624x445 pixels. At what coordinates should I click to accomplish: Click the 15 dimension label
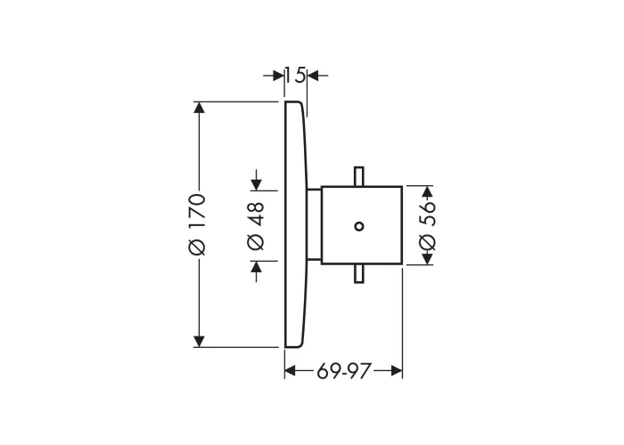(296, 75)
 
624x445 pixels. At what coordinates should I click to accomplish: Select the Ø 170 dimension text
(197, 224)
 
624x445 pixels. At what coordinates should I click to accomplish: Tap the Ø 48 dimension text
(256, 226)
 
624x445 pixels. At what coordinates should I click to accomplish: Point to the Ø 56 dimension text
(427, 226)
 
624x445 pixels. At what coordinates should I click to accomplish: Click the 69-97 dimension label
(344, 371)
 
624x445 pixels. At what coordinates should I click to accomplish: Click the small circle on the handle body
(359, 226)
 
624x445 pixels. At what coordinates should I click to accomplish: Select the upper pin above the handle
(359, 176)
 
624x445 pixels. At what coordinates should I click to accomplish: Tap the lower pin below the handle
(359, 274)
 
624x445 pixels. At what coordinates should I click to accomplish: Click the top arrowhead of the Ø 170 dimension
(199, 108)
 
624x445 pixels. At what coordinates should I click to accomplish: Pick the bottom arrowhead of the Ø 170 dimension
(199, 341)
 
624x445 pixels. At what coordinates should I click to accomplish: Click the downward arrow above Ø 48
(257, 180)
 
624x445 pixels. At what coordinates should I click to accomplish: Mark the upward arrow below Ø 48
(257, 271)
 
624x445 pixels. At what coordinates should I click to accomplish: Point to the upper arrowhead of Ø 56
(427, 192)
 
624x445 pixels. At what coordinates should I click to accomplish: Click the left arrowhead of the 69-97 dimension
(291, 371)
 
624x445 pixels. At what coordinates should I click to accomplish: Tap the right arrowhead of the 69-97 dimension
(397, 371)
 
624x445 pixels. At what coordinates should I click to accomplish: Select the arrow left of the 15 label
(274, 75)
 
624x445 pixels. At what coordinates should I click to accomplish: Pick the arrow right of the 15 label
(318, 75)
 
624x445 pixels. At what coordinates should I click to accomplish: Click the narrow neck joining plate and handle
(314, 225)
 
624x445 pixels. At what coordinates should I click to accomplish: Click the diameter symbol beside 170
(197, 247)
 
